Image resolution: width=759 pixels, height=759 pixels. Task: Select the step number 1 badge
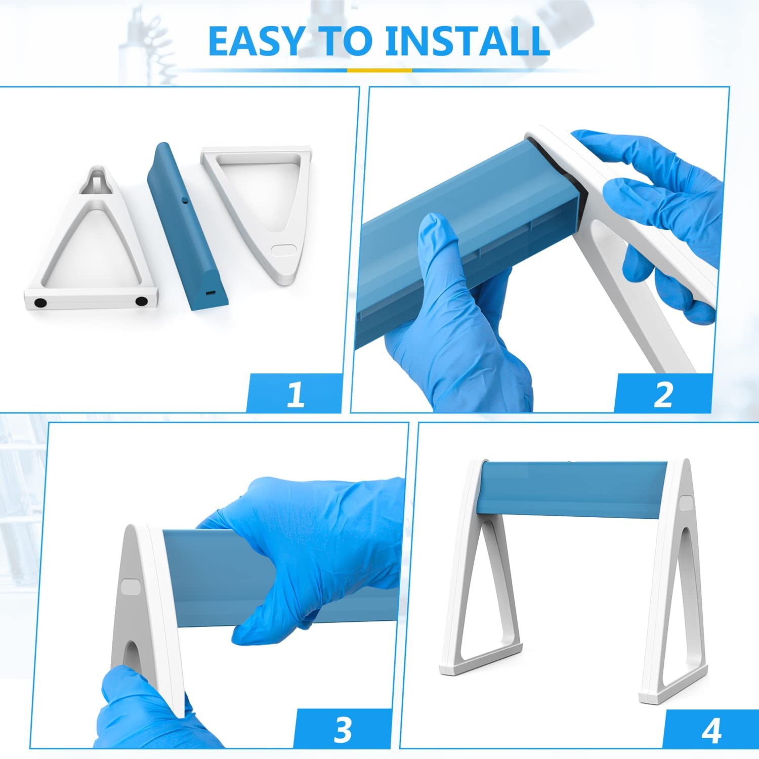[295, 393]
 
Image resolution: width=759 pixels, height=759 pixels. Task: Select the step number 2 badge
[663, 393]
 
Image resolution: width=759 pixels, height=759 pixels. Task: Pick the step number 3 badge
[343, 728]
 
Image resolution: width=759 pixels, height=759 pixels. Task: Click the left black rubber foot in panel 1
[40, 303]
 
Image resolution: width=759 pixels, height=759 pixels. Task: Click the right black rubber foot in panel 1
[142, 301]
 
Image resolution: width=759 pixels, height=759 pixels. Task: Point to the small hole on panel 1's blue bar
[185, 201]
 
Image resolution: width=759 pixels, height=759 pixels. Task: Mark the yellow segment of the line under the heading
[379, 70]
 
